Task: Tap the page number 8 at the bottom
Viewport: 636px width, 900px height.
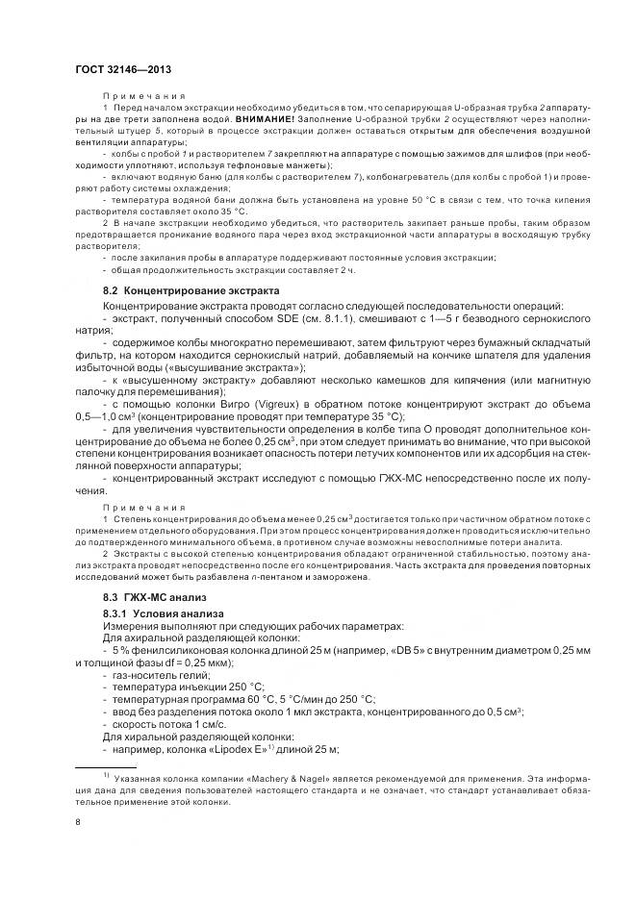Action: tap(77, 821)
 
